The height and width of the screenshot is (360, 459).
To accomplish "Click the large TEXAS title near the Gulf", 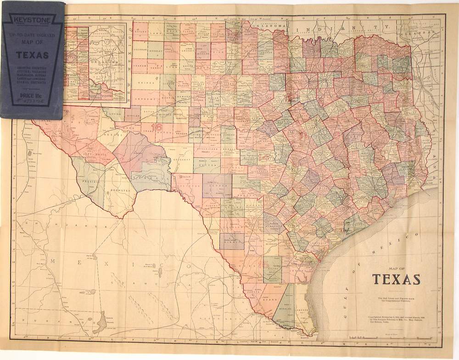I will pos(396,279).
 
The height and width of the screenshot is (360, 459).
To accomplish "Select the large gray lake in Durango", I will pos(99,327).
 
